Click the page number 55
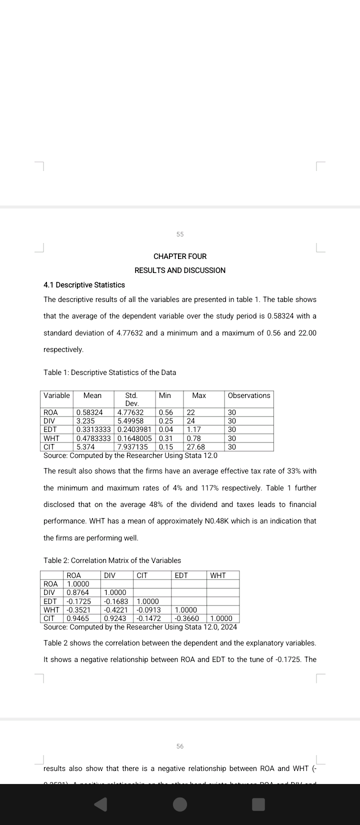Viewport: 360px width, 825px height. point(180,234)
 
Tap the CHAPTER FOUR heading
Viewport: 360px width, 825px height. point(180,256)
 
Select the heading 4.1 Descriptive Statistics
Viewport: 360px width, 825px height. point(84,285)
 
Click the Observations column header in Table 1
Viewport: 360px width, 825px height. point(248,395)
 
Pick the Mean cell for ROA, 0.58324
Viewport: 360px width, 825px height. point(89,412)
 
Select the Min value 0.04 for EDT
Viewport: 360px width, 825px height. point(165,429)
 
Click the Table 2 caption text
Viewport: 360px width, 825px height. point(112,560)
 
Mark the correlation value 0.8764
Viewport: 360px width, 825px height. point(78,592)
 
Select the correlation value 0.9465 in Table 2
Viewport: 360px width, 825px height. point(78,618)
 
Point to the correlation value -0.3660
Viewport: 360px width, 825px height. point(187,618)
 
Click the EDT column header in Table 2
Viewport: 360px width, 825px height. point(181,575)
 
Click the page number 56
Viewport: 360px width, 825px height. point(180,746)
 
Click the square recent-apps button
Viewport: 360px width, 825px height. point(258,804)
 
